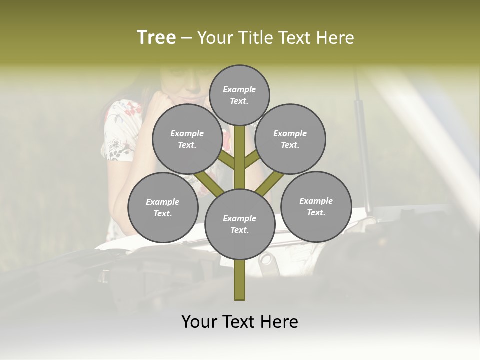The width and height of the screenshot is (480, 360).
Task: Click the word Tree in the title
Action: point(156,37)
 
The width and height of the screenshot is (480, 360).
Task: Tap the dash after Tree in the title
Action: point(186,38)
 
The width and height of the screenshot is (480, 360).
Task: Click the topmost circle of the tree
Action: point(239,95)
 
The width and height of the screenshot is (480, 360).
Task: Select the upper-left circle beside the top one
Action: point(187,139)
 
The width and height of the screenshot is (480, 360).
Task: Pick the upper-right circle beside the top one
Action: point(290,139)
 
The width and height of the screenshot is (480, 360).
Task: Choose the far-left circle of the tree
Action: point(163,207)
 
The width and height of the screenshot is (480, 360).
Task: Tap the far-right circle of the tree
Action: point(316,206)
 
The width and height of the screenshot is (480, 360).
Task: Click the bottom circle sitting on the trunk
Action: point(240,224)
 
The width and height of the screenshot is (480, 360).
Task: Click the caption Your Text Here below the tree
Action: point(240,321)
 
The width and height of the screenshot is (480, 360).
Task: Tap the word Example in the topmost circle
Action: point(239,89)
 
